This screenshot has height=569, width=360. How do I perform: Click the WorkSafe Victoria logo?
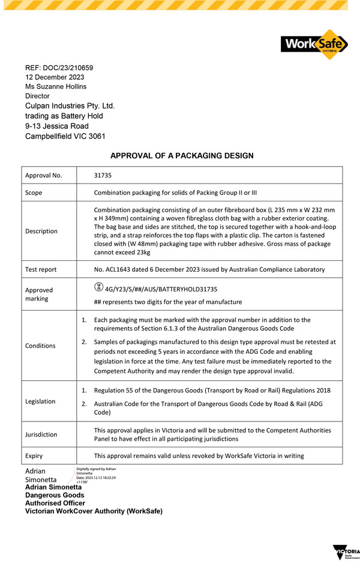314,44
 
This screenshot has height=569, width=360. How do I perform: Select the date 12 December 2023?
55,77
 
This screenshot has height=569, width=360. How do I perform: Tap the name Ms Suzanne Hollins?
56,86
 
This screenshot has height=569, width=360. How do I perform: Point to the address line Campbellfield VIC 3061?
65,136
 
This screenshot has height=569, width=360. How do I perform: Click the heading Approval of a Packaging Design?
182,156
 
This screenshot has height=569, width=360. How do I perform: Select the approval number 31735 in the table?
103,176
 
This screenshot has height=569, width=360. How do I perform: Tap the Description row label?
41,231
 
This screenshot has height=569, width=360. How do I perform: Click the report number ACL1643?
123,269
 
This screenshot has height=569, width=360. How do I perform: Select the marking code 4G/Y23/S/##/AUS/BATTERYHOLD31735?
161,289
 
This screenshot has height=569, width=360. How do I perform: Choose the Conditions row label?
40,345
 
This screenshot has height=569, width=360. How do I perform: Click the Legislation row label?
40,401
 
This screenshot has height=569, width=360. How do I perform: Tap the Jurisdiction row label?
41,434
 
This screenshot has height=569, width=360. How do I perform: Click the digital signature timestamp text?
96,478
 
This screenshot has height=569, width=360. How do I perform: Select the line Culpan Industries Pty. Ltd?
70,106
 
